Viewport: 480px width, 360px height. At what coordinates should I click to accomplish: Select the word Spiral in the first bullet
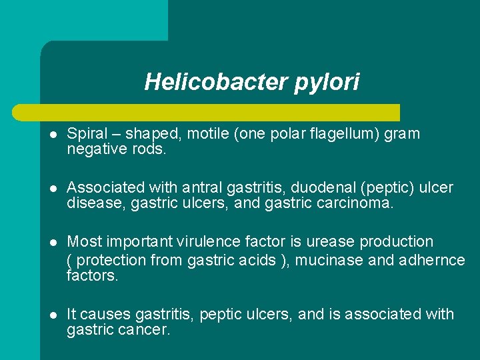[87, 134]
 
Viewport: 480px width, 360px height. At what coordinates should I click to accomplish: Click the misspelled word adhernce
[433, 261]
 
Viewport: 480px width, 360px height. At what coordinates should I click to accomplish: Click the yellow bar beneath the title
[220, 112]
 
